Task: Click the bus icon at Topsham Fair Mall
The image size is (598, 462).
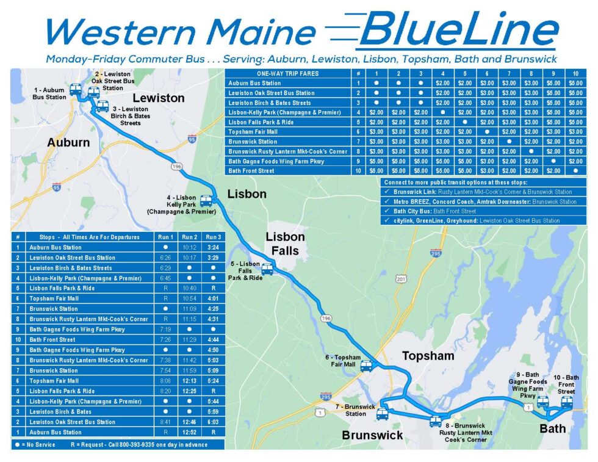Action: [366, 366]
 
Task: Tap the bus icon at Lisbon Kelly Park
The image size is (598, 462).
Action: [206, 201]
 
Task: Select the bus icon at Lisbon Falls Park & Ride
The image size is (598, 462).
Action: [267, 269]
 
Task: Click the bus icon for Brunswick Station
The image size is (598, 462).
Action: [382, 414]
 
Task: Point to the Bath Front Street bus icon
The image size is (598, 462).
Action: [567, 402]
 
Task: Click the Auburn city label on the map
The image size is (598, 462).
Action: [69, 142]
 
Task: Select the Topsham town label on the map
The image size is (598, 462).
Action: [428, 356]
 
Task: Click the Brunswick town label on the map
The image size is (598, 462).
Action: [372, 435]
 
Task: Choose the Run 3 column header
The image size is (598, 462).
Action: [213, 237]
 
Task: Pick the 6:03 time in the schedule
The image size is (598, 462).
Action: [213, 422]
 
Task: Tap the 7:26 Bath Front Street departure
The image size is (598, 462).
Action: [165, 339]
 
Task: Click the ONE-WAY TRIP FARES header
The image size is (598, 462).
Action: [280, 73]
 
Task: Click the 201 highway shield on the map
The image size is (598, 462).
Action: [401, 279]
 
